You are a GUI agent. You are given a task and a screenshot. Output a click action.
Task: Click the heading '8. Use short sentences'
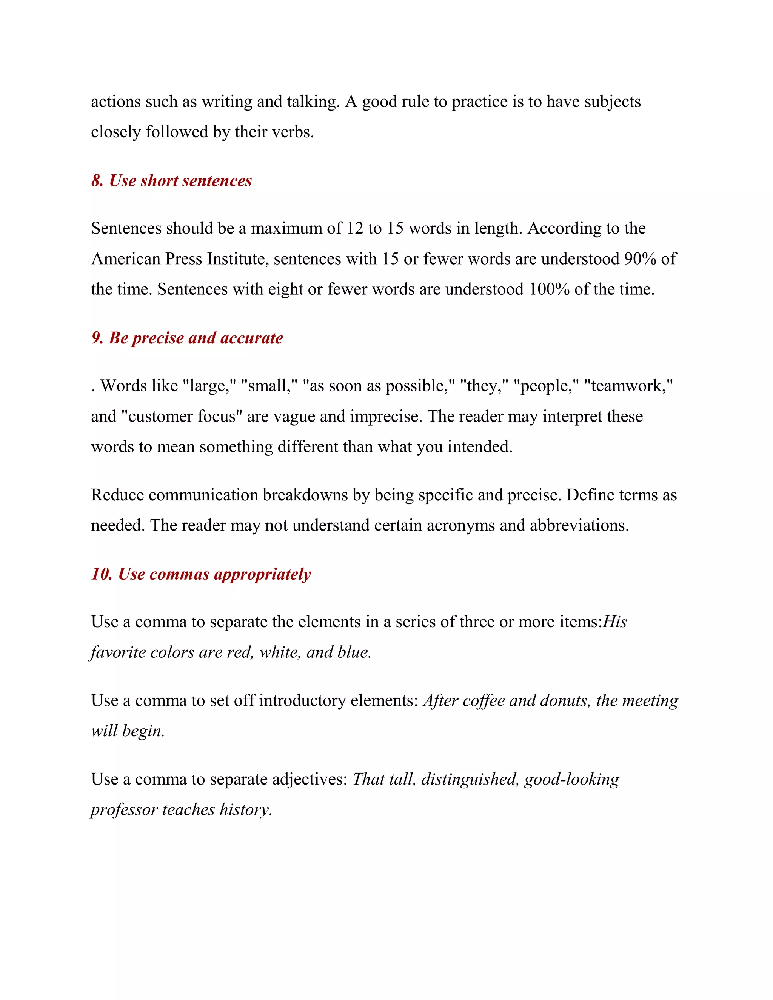[x=171, y=181]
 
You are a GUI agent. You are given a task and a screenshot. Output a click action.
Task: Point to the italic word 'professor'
[x=124, y=809]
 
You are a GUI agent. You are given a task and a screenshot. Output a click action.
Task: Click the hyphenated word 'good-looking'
[x=571, y=779]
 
